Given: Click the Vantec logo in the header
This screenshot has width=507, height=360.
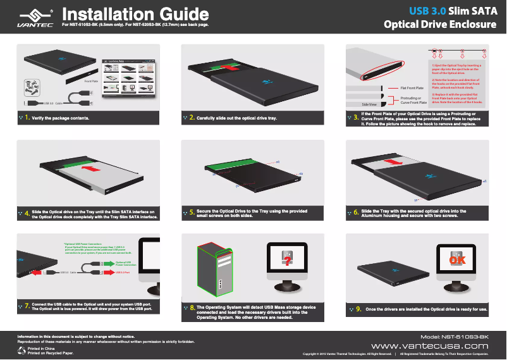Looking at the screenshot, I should click(30, 17).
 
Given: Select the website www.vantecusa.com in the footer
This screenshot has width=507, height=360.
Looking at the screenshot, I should click(429, 346).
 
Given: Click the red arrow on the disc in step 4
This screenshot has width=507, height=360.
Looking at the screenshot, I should click(89, 169).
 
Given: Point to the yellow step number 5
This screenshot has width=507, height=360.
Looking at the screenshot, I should click(192, 213).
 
